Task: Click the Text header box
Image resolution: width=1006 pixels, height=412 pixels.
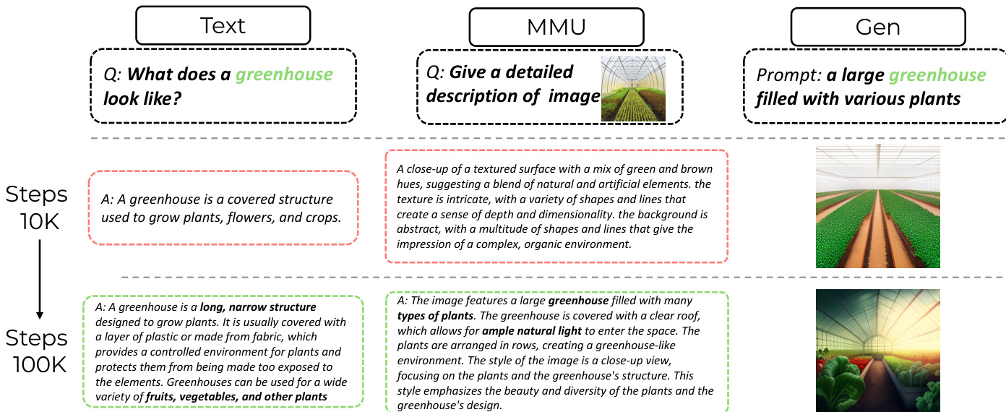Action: [223, 26]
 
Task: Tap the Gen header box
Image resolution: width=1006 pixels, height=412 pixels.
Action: [877, 27]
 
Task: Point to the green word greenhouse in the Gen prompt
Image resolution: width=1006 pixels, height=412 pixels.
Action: [937, 75]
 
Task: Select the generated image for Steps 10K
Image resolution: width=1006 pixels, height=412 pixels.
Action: [877, 207]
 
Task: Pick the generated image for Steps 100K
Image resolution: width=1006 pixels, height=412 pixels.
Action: [877, 351]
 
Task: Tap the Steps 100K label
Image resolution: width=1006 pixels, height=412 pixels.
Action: [38, 351]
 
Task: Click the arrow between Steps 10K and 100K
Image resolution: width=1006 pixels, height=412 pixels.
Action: [39, 278]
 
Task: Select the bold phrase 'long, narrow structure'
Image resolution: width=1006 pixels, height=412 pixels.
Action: [258, 307]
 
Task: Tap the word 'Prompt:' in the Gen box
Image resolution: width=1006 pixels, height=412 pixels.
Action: [788, 75]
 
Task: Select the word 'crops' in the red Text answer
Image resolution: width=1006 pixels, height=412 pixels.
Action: [322, 216]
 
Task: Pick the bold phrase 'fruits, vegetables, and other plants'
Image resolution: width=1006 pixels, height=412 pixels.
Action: [236, 396]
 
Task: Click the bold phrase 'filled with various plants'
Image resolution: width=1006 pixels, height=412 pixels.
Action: [858, 98]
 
